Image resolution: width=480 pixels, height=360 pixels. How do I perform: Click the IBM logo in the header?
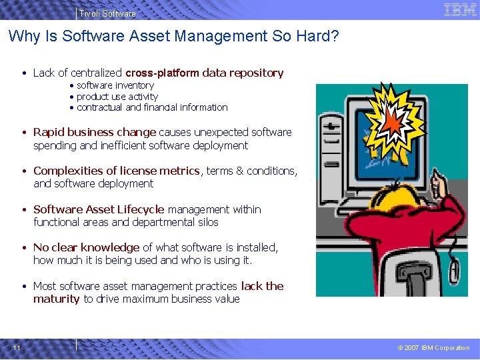coord(460,11)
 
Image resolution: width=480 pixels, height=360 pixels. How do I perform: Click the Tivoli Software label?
coord(107,13)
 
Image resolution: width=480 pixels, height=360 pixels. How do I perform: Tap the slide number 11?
coord(17,347)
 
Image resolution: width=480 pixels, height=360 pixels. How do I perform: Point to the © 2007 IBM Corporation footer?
coord(433,347)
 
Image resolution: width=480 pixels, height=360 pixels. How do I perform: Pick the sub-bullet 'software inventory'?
coord(115,85)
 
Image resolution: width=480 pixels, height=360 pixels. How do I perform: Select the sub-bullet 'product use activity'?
coord(117,97)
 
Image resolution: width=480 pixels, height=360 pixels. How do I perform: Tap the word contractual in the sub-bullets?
coord(99,107)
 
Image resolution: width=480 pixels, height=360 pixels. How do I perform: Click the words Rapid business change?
coord(94,132)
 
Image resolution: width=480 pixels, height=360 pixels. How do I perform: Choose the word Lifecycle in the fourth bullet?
coord(141,209)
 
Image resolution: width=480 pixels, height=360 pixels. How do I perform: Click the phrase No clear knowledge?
coord(86,247)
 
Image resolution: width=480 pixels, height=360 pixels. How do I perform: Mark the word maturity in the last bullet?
coord(56,299)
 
